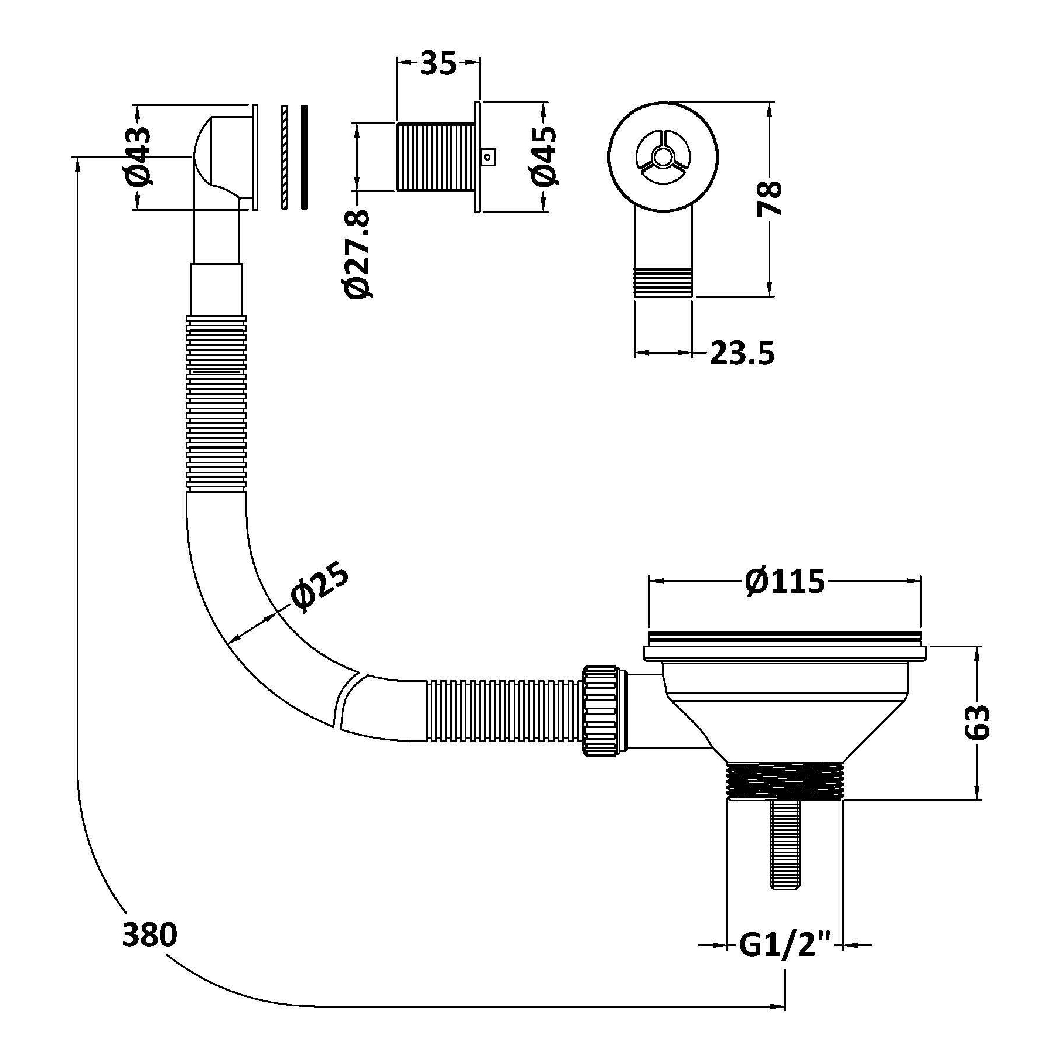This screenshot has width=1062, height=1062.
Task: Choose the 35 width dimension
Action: tap(438, 63)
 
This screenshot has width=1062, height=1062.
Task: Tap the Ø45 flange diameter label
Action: tap(542, 157)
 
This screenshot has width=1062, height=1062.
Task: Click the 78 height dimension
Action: tap(769, 199)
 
